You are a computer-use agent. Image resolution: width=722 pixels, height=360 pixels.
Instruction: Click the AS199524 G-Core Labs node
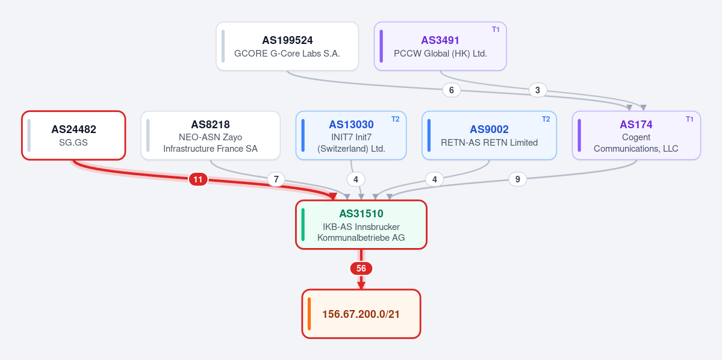287,46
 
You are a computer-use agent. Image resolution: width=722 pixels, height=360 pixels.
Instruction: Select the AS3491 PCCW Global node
440,46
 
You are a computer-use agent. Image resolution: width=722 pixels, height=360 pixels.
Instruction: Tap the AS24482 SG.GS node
73,135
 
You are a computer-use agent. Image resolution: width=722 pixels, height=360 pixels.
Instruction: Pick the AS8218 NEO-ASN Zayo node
210,135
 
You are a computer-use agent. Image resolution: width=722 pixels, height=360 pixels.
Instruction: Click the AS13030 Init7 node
351,135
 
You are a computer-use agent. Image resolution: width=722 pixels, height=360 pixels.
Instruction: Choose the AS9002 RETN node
489,135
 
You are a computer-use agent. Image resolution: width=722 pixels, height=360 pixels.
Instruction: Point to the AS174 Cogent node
636,135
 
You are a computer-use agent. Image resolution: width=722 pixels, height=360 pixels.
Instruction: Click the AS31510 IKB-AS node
361,225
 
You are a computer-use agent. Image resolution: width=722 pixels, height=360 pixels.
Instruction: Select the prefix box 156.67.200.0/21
361,314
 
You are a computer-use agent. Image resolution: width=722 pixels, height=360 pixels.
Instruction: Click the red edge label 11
198,179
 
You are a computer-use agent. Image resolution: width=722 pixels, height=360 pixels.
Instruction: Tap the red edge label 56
361,268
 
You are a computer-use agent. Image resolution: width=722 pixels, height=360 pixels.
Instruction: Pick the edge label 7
276,179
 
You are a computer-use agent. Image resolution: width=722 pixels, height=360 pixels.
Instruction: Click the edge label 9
517,179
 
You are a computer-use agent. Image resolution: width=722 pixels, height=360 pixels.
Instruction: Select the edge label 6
451,90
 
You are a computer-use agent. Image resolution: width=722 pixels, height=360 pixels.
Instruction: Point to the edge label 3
537,90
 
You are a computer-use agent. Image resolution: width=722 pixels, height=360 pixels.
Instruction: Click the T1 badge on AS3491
496,29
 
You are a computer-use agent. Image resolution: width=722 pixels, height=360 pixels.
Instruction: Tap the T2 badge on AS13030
396,119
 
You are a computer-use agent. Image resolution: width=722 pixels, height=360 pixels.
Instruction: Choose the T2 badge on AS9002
546,119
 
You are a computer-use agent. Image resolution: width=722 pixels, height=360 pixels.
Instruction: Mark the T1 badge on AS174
689,119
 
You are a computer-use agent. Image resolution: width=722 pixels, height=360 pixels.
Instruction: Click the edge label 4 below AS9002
434,179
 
